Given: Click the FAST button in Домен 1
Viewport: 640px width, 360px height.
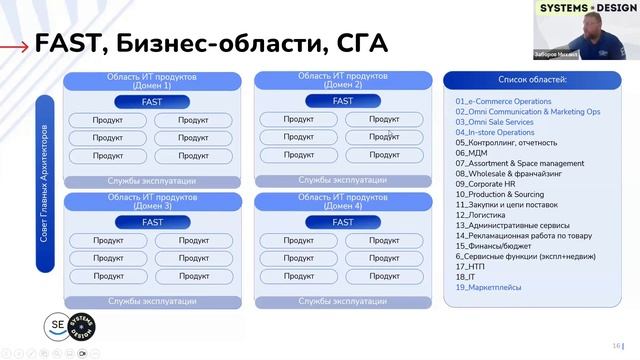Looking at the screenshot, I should click(x=152, y=102).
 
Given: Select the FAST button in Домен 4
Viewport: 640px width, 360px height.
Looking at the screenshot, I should click(x=342, y=222).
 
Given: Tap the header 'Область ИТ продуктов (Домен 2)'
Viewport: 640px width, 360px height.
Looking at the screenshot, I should click(x=342, y=80).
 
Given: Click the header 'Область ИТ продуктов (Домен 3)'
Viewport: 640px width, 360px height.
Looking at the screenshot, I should click(x=152, y=201).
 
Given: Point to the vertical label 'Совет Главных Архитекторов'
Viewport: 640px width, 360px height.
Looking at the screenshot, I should click(x=44, y=184).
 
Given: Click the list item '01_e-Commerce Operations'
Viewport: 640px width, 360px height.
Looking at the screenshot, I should click(x=503, y=101).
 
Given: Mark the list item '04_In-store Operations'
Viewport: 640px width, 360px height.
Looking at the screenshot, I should click(x=495, y=132).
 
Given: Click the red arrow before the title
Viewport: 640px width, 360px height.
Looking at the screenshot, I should click(x=13, y=45).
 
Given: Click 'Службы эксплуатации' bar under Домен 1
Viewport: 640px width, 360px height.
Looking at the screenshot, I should click(x=152, y=181).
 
